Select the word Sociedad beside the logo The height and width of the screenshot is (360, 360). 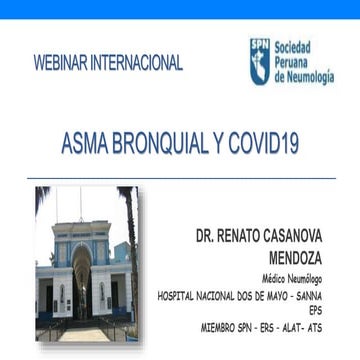click(292, 46)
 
